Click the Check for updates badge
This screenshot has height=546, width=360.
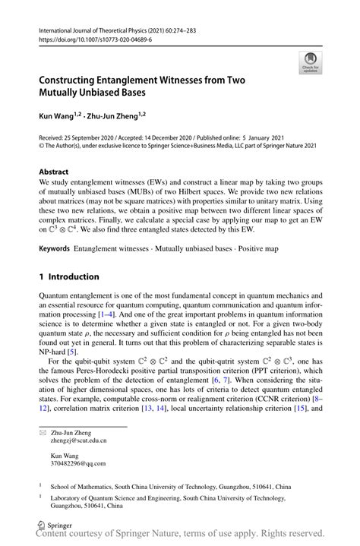pyautogui.click(x=310, y=63)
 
